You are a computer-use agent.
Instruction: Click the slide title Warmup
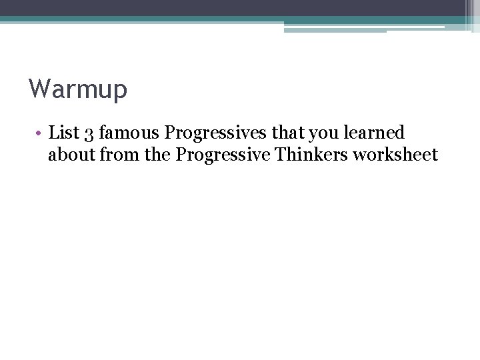tap(77, 89)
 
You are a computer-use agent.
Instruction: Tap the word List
tap(64, 133)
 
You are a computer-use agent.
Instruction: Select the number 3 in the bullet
tap(89, 133)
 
